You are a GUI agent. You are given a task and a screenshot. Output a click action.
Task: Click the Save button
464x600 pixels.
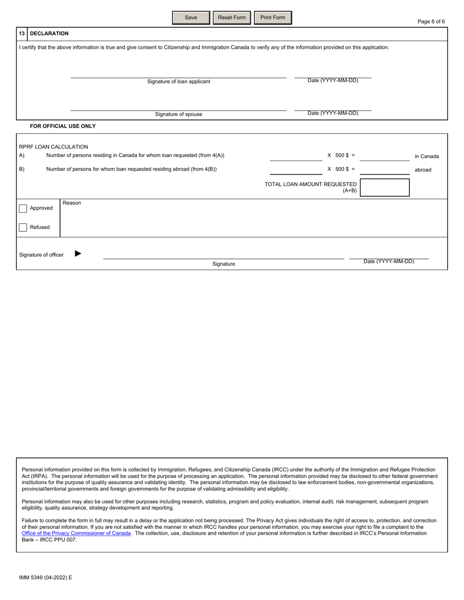pyautogui.click(x=191, y=18)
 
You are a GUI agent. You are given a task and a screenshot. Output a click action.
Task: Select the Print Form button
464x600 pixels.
pyautogui.click(x=273, y=18)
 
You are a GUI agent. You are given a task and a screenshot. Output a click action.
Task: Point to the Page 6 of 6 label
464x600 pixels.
pyautogui.click(x=431, y=21)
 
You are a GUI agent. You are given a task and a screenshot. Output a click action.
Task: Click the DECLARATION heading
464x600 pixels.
pyautogui.click(x=49, y=34)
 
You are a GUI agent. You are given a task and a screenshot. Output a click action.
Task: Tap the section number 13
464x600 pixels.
pyautogui.click(x=22, y=34)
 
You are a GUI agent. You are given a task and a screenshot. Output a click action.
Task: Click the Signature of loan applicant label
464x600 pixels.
pyautogui.click(x=179, y=81)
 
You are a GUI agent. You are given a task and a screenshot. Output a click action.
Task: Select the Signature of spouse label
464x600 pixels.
pyautogui.click(x=179, y=114)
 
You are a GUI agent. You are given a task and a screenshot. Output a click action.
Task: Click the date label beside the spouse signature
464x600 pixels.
pyautogui.click(x=333, y=113)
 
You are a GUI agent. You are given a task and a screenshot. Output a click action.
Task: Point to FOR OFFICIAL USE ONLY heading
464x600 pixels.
pyautogui.click(x=63, y=126)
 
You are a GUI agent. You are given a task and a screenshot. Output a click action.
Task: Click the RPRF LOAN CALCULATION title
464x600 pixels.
pyautogui.click(x=54, y=147)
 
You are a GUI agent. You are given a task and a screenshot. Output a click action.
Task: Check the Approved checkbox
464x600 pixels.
pyautogui.click(x=23, y=208)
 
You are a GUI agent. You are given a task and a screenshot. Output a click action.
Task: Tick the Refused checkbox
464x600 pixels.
pyautogui.click(x=23, y=227)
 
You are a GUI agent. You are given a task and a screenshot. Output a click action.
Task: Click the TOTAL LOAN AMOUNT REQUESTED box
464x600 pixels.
pyautogui.click(x=384, y=187)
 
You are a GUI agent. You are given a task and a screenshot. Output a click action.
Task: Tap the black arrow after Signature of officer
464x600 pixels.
pyautogui.click(x=78, y=254)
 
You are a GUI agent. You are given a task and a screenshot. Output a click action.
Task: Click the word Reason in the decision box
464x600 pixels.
pyautogui.click(x=72, y=203)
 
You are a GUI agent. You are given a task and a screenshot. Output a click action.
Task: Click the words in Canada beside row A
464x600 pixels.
pyautogui.click(x=426, y=157)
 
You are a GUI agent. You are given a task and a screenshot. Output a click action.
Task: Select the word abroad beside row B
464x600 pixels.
pyautogui.click(x=423, y=170)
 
